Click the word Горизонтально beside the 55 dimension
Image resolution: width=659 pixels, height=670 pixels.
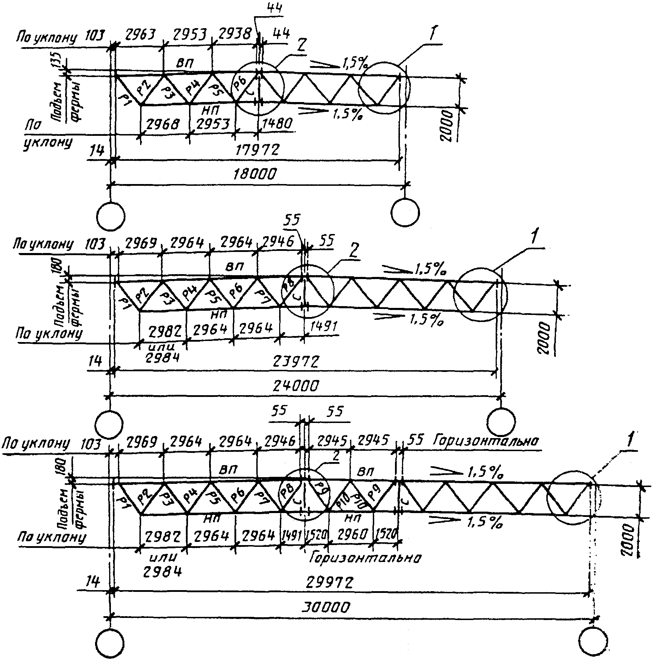486,441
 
